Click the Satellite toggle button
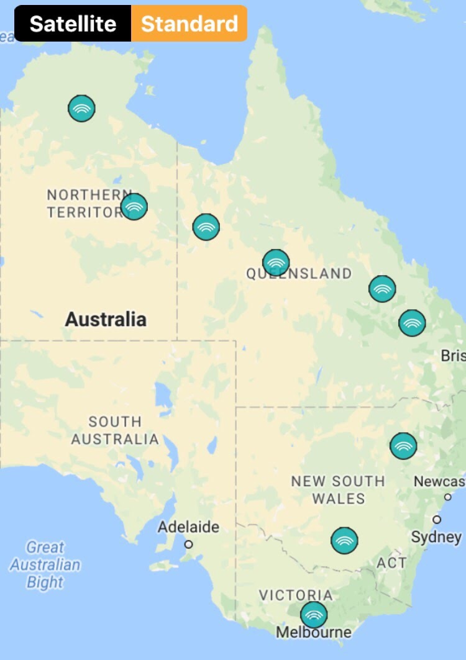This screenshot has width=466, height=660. pos(73,24)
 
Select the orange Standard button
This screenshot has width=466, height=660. pos(189,24)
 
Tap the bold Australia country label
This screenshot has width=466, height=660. pos(106,319)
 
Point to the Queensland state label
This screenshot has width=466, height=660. pos(299,274)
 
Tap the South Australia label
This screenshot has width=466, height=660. pos(114,430)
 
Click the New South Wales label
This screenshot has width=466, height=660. pos(338,489)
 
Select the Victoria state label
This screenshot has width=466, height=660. pos(296,595)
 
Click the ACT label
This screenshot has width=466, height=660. pos(391,563)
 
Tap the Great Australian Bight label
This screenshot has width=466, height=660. pos(45,564)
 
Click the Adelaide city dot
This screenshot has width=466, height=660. pos(189,545)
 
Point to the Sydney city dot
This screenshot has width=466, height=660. pos(437,519)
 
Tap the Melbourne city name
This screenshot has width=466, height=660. pos(313,633)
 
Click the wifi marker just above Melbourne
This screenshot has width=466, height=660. pos(314,615)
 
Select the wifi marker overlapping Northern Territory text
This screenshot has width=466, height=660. pos(134,207)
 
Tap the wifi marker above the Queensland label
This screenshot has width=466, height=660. pos(276,263)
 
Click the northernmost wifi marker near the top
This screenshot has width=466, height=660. pos(81,109)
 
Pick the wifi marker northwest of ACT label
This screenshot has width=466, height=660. pos(344,540)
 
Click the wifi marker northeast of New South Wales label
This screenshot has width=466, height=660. pos(403,446)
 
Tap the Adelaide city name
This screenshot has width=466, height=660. pos(188,527)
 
